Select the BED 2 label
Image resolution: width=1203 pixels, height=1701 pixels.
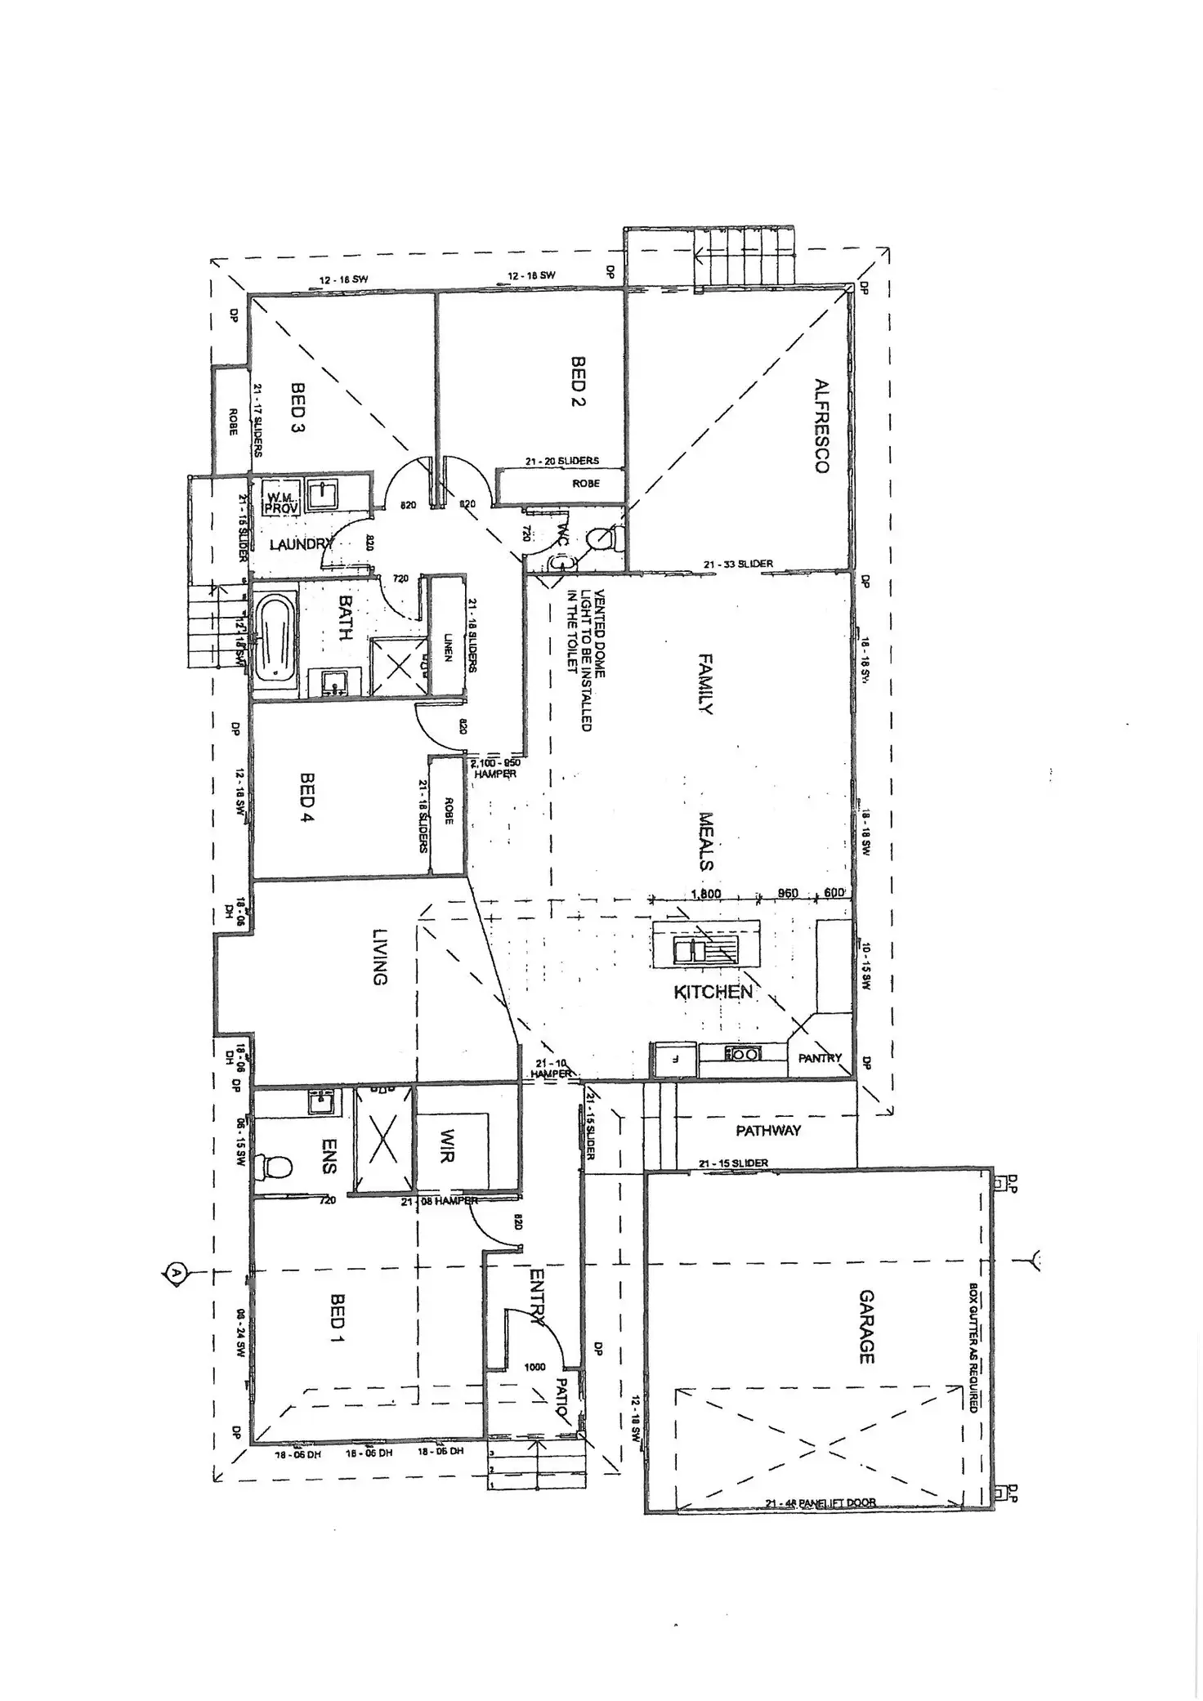579,381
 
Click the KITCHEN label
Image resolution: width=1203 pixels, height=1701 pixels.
713,992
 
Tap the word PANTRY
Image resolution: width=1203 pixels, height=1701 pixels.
820,1058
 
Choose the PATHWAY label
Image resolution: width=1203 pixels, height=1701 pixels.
768,1131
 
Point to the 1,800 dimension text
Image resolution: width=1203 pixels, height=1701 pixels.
705,894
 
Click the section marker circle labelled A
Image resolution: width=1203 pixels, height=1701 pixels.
175,1271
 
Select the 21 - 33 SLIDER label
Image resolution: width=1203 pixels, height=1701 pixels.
738,564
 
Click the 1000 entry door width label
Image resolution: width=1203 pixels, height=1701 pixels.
535,1367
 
